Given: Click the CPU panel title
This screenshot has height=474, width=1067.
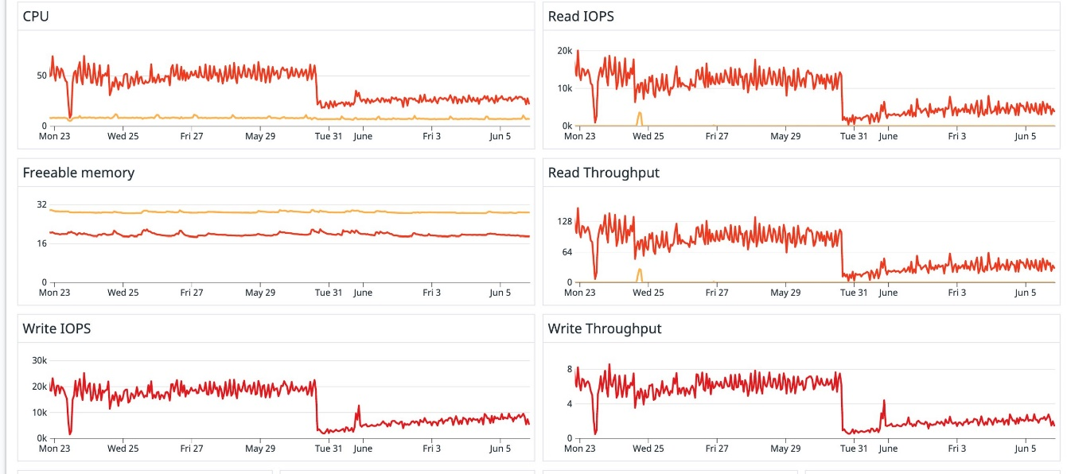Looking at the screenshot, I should (x=36, y=16).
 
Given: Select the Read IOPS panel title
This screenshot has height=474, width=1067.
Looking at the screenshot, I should (x=581, y=16).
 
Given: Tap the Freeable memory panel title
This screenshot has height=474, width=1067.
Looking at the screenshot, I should (x=78, y=173).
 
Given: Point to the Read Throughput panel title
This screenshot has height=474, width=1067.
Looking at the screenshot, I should (x=603, y=173).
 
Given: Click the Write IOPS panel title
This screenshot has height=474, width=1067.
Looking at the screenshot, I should (x=56, y=328).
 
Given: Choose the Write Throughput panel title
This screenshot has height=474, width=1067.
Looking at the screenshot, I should (x=604, y=328).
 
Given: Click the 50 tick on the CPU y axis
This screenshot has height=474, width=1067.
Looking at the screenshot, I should (x=41, y=76).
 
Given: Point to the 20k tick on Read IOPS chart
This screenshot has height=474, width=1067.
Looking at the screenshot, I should (x=564, y=51).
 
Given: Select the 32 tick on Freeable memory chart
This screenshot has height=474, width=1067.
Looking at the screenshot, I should (x=41, y=204).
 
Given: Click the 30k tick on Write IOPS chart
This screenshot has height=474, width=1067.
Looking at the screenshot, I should (x=39, y=360).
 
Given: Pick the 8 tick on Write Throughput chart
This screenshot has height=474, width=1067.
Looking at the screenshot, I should (x=569, y=370).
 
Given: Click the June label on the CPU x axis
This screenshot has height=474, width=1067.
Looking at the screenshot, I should (x=363, y=136).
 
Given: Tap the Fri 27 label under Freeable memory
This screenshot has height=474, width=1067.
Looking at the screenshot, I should (x=192, y=293).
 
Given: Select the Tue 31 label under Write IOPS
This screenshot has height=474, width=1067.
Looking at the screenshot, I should (x=329, y=449).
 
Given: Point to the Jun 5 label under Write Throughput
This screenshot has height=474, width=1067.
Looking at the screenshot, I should (x=1026, y=449).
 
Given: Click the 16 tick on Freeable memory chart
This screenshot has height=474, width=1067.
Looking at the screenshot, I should (x=41, y=243).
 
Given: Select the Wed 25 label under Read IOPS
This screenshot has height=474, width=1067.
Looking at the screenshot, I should (x=648, y=136).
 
